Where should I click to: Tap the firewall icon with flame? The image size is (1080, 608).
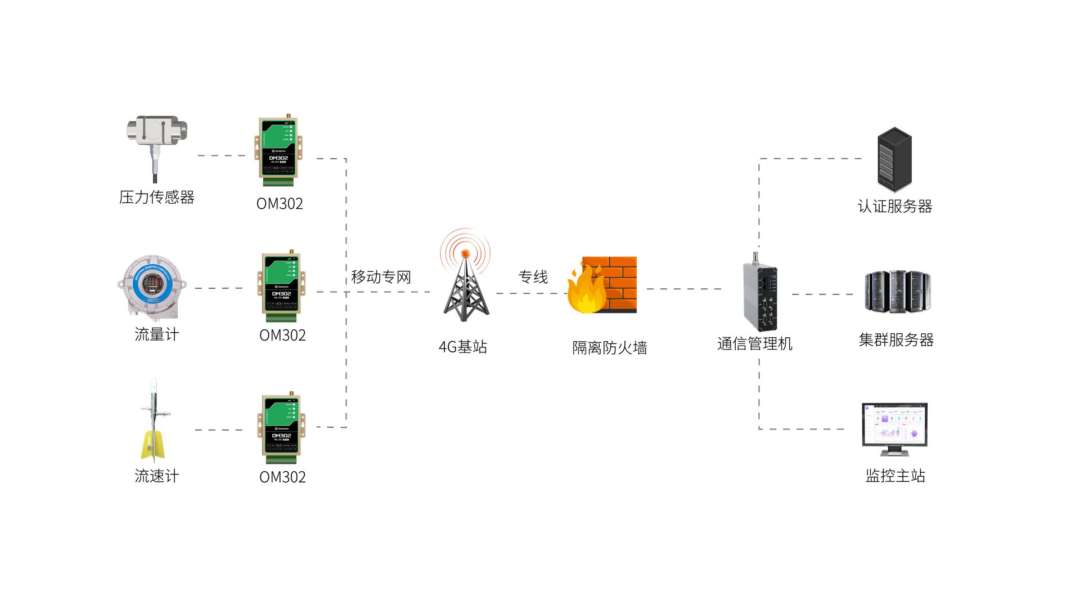point(602,285)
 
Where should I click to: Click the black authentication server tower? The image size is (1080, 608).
point(894,159)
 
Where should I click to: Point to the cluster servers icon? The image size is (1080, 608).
point(897,292)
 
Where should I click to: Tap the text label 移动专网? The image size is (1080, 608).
point(381,277)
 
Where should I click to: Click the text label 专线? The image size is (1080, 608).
point(533,277)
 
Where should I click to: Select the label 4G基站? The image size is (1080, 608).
point(463,347)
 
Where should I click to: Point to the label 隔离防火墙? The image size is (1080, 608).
point(609,348)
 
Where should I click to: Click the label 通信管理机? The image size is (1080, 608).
point(754,343)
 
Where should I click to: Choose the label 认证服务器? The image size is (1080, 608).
point(894,206)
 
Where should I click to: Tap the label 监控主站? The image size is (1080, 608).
point(895,476)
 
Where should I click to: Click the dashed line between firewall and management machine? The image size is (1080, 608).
point(683,289)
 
